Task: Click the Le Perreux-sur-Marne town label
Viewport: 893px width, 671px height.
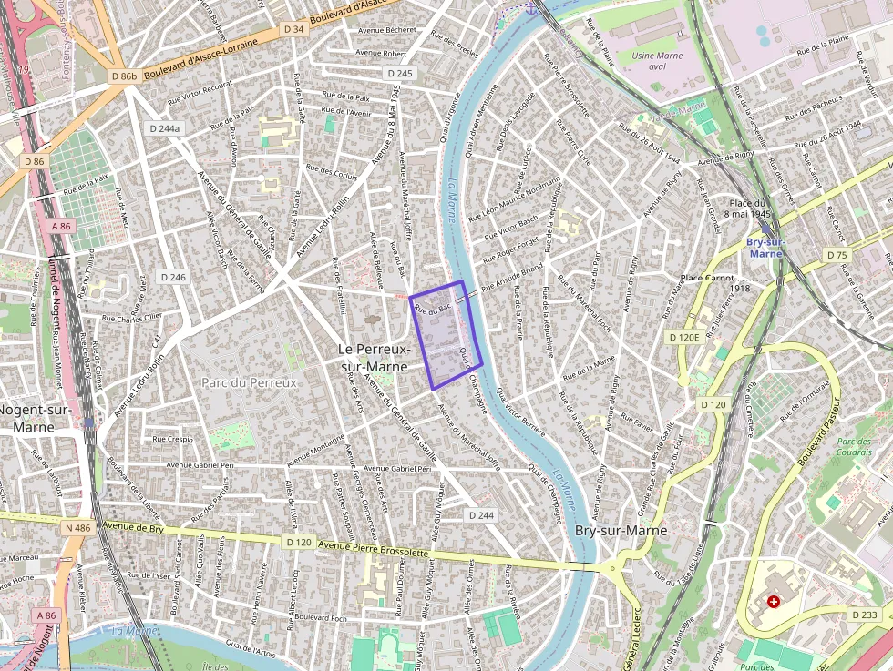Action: coord(374,358)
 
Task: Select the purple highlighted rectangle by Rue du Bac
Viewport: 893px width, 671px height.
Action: coord(446,336)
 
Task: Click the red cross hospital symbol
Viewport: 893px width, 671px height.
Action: coord(774,602)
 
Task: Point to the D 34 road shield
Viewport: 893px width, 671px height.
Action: coord(293,29)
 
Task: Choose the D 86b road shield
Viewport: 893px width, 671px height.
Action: coord(123,76)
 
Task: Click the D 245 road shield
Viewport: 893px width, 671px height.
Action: coord(399,73)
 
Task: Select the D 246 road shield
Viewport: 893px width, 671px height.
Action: coord(172,277)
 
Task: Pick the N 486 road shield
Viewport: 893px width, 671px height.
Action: coord(79,527)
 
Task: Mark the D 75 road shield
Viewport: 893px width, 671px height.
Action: coord(837,255)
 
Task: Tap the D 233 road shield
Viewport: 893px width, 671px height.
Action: coord(865,615)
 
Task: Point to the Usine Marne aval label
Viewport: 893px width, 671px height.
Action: coord(656,61)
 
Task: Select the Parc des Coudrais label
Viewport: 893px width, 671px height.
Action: coord(854,447)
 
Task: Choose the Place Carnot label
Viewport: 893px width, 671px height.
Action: coord(707,278)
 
